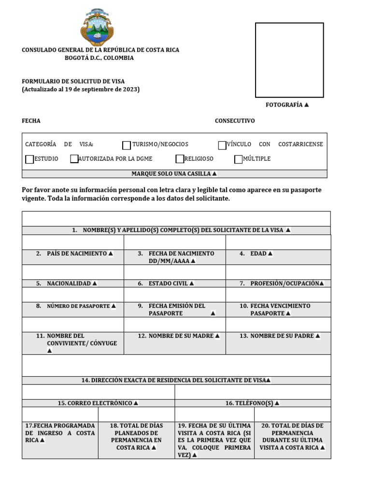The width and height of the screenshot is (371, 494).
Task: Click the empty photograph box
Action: pos(289,60)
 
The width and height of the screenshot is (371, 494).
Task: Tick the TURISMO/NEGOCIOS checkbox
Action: pos(127,145)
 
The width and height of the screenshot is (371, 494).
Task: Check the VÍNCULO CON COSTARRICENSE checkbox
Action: pos(222,145)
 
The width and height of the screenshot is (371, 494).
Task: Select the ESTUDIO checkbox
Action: pos(29,159)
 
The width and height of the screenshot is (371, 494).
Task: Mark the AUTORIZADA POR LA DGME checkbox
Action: pos(74,159)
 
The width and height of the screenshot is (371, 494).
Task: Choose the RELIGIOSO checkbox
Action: pos(180,159)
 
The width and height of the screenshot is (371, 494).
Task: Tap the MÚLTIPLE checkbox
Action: pos(238,159)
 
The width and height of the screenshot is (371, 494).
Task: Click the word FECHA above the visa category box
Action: pos(31,121)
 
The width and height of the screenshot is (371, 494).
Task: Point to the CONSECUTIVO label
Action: pos(235,121)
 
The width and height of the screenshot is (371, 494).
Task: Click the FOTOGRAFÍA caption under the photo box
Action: pos(287,105)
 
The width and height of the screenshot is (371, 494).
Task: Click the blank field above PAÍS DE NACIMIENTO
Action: pos(72,242)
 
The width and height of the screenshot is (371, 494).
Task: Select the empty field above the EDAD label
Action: pos(278,242)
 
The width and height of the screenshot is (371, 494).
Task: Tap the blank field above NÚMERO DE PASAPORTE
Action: pos(72,294)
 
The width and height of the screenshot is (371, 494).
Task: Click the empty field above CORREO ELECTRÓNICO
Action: pos(98,392)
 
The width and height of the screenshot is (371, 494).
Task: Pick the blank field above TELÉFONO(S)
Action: pos(253,392)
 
